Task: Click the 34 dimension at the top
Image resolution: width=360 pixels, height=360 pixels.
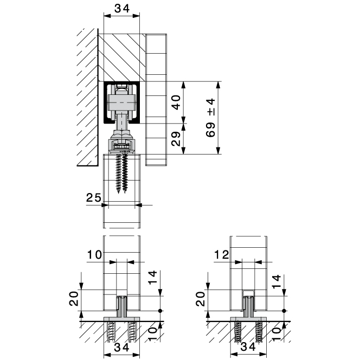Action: coord(122,9)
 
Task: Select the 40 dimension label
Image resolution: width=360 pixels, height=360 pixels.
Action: coord(176,102)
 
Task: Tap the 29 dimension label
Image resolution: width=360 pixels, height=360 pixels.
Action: coord(176,139)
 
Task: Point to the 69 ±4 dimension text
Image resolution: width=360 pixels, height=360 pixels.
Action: coord(210,118)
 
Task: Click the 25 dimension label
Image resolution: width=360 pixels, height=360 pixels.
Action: coord(93,197)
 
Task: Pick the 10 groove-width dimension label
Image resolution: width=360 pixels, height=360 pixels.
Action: coord(94,255)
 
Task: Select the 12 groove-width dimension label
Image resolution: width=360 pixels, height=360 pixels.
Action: coord(222,255)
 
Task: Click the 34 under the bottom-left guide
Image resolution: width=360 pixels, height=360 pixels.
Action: coord(122,348)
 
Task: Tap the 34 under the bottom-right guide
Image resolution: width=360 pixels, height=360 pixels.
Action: coord(248,347)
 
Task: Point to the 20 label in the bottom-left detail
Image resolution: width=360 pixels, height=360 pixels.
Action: coord(74,299)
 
